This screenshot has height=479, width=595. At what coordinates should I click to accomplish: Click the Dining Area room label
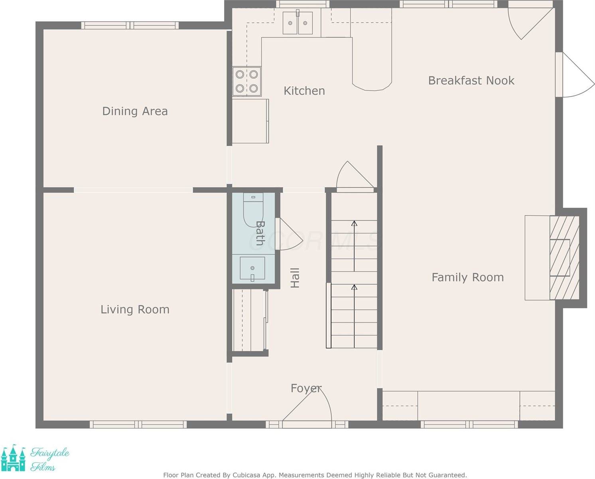coord(135,111)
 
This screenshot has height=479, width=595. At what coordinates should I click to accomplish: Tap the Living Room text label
coord(135,309)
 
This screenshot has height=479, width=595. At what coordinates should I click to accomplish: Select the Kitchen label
coord(304,91)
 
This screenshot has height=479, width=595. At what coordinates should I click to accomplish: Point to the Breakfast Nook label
coord(471,81)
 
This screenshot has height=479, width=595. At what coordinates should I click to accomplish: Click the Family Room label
coord(467,277)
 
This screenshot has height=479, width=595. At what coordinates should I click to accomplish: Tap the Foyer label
coord(306,388)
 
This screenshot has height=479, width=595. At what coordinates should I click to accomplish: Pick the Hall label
coord(295,278)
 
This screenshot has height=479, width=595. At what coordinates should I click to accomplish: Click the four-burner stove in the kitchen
coord(247,81)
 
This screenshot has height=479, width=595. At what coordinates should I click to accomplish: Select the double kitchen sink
coord(297,23)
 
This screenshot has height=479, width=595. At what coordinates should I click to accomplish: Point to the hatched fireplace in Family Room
coord(564,257)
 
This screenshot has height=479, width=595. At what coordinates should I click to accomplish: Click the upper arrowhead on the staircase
coord(354,223)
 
